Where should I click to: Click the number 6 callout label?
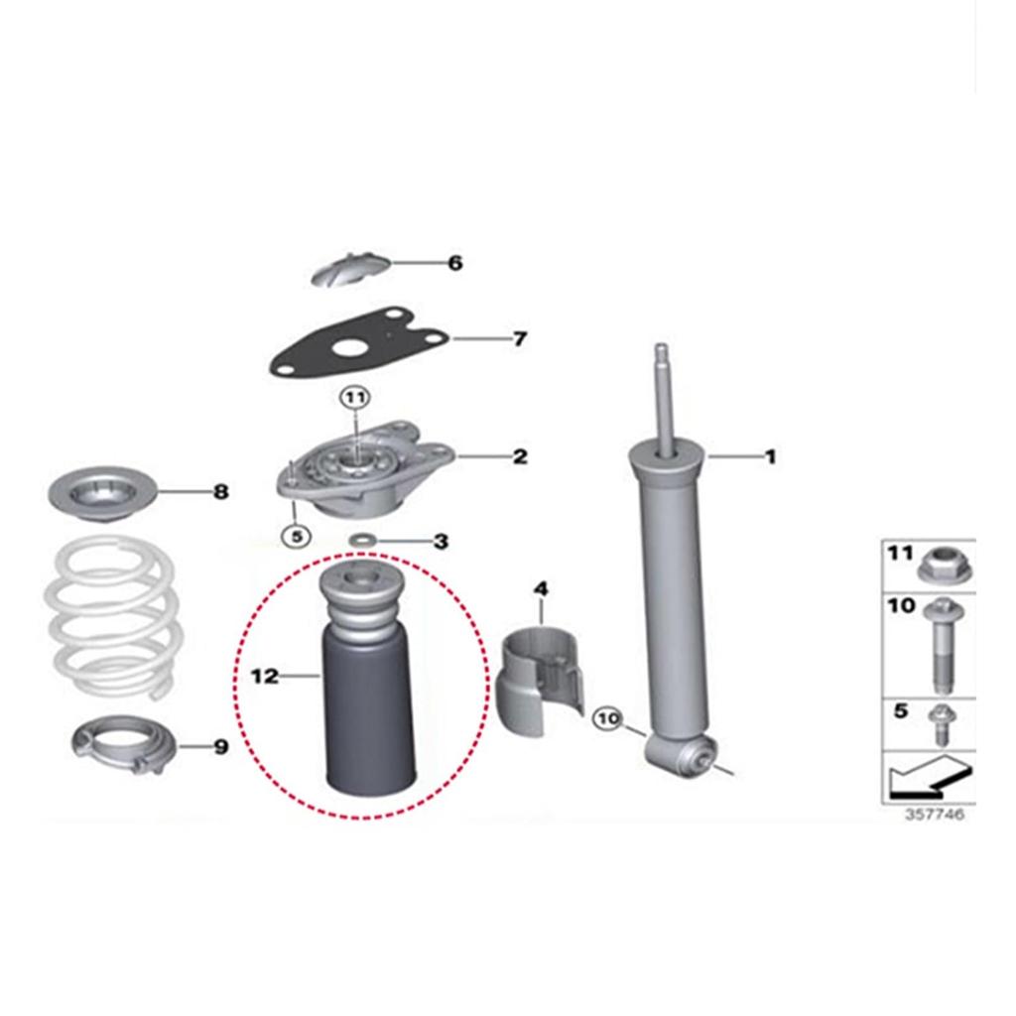click(x=455, y=263)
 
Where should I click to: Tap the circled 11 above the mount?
click(x=355, y=398)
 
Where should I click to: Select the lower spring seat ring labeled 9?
click(x=124, y=745)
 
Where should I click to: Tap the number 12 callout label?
click(x=264, y=676)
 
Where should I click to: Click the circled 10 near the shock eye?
click(x=608, y=717)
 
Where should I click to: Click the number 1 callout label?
click(x=769, y=456)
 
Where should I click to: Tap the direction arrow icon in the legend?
click(x=929, y=778)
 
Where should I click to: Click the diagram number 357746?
click(x=933, y=815)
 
